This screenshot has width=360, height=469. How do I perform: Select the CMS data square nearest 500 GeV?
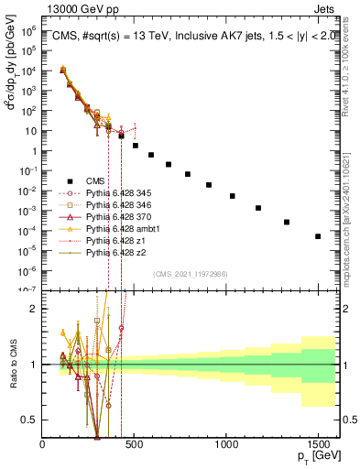(136, 146)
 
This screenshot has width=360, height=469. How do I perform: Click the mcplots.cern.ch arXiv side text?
(352, 211)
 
